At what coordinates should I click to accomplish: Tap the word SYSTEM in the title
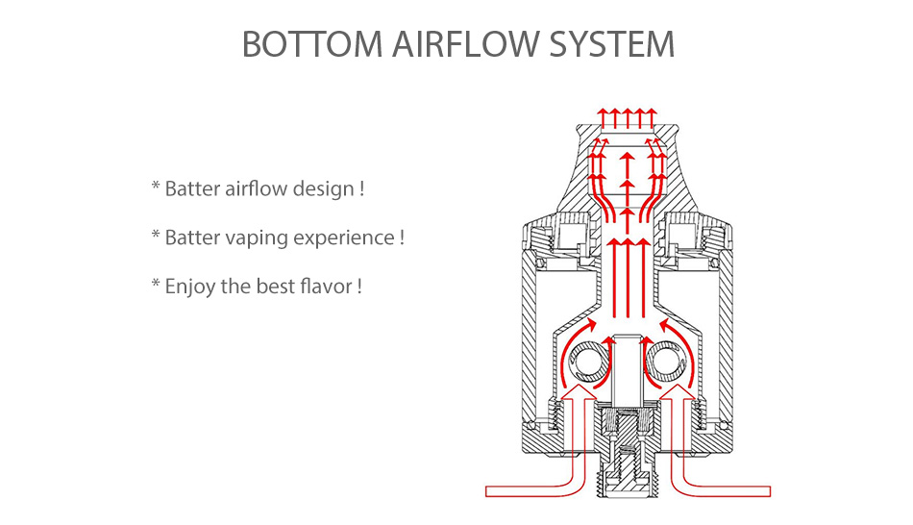pos(615,45)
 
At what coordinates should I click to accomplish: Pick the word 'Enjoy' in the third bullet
pos(190,287)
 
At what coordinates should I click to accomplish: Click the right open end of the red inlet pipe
pos(768,491)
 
